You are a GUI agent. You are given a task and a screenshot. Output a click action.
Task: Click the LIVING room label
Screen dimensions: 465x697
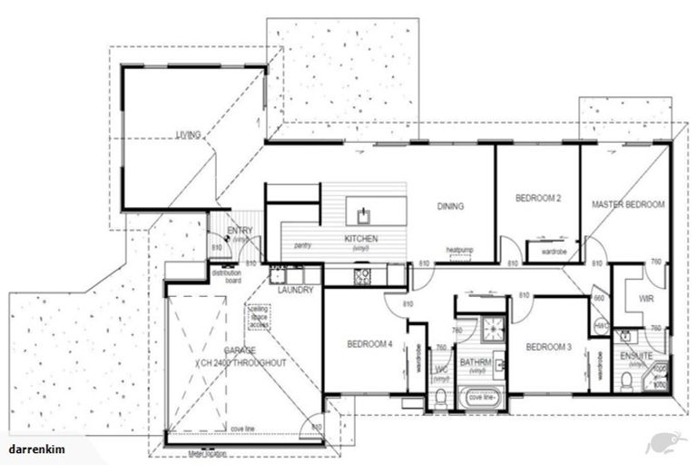point(188,135)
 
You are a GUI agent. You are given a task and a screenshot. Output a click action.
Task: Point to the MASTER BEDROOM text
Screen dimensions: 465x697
point(628,205)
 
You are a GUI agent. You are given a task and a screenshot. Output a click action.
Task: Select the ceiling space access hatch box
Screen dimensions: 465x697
point(260,315)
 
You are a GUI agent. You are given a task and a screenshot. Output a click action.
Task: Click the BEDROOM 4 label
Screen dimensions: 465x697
point(370,344)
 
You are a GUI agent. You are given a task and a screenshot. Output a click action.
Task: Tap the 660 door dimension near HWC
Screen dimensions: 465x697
point(599,297)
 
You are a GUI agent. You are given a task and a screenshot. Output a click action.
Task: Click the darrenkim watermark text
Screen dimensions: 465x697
point(34,450)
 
